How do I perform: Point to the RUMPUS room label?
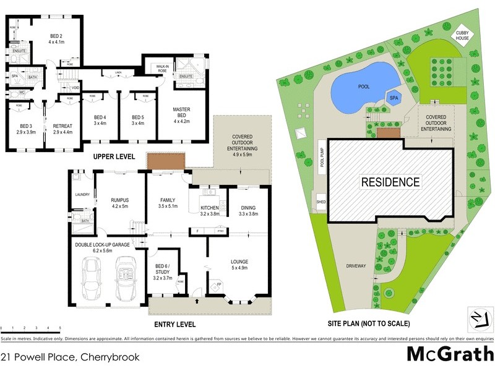tap(119, 202)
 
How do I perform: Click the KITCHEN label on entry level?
tap(210, 210)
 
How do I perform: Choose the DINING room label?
tap(247, 210)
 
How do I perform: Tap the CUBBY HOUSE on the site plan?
tap(463, 35)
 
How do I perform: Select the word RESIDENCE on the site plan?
tap(390, 182)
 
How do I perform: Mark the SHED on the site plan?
tap(321, 202)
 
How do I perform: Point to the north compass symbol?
tap(479, 319)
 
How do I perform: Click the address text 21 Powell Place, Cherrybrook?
tap(70, 357)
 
